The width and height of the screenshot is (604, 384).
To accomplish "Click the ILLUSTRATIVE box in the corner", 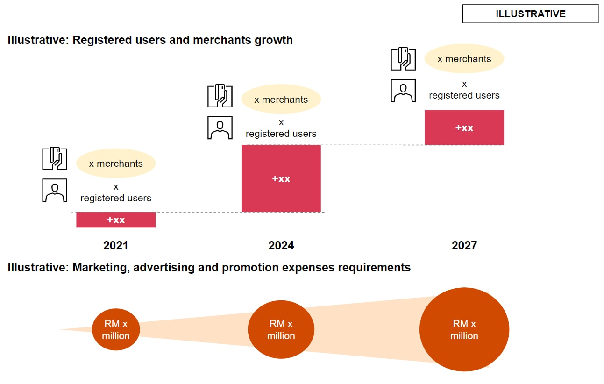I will click(530, 14).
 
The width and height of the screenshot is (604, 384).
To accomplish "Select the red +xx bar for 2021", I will click(116, 220).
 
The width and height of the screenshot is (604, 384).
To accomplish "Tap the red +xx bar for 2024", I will click(281, 178).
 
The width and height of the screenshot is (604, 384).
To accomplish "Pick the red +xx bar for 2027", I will click(464, 128).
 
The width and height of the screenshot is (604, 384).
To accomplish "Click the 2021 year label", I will click(115, 246).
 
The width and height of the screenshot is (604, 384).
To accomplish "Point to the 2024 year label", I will click(281, 246).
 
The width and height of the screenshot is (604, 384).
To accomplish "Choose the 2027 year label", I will click(464, 246).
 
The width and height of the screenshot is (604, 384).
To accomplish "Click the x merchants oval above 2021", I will click(116, 164).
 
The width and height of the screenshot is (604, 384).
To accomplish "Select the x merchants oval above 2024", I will click(281, 100).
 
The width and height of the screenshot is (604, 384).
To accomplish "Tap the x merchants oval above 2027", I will click(464, 59).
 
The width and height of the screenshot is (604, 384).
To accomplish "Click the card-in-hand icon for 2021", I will click(55, 159).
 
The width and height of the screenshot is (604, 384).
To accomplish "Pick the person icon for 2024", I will click(220, 128).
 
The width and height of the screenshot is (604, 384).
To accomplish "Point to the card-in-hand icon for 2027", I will click(403, 59).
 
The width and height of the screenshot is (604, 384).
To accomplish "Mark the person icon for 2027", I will click(403, 91).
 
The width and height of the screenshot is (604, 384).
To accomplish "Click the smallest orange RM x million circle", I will click(116, 329).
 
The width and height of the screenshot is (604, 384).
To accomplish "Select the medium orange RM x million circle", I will click(281, 329).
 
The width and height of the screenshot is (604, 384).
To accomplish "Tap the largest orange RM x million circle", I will click(464, 329).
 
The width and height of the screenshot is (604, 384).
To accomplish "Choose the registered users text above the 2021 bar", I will click(116, 198).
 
